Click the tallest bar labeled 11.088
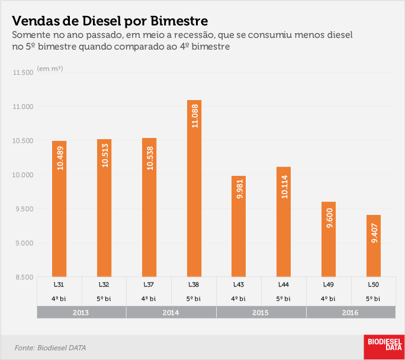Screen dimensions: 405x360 pos(194,188)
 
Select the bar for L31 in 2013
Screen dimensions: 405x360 pos(59,208)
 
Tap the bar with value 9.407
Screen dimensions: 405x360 pos(374,246)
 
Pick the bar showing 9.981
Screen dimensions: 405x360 pos(239,226)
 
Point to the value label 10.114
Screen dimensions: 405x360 pos(284,187)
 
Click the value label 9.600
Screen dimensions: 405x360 pos(330,218)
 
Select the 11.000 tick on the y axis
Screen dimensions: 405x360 pos(23,107)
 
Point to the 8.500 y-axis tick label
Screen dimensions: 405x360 pos(24,277)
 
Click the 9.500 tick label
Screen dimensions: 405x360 pos(24,208)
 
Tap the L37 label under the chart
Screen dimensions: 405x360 pos(149,285)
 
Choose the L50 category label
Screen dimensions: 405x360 pos(374,285)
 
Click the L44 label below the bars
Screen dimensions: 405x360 pos(284,285)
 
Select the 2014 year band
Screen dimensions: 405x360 pos(171,313)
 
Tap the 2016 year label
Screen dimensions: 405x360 pos(351,313)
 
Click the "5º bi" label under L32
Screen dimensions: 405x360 pos(104,299)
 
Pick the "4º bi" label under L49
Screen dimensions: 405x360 pos(328,299)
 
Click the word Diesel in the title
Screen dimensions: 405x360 pos(102,21)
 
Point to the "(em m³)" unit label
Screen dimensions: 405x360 pos(50,69)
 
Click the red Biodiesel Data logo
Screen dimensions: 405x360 pos(384,347)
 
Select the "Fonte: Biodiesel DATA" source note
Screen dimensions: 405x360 pos(50,348)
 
